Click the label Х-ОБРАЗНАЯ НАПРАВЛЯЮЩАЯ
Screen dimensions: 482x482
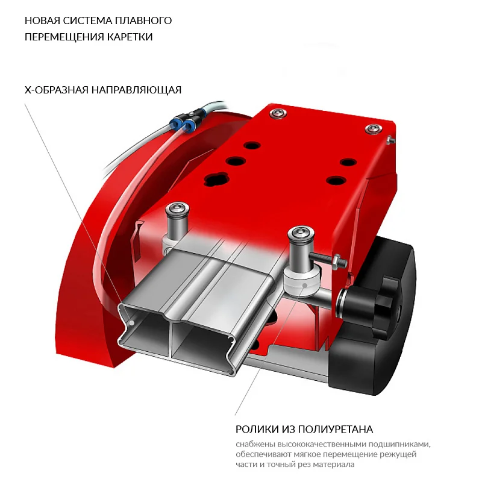(x=102, y=90)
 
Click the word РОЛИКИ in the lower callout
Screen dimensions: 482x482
(x=256, y=430)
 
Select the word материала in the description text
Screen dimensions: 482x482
(x=333, y=465)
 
